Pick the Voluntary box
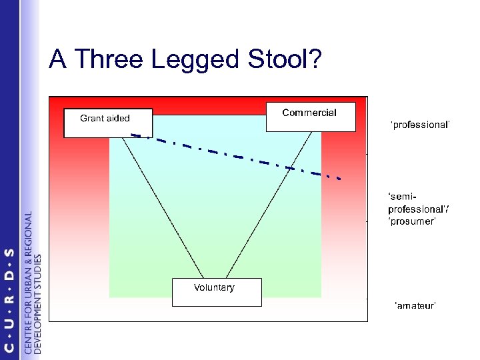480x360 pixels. coord(217,292)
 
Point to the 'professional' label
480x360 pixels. coord(421,125)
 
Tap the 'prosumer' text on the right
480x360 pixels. coord(411,221)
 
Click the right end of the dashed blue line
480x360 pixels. coord(341,179)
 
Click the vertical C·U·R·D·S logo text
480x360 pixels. coord(9,300)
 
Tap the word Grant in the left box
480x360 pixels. coord(92,119)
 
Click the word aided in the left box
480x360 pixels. coord(118,119)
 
